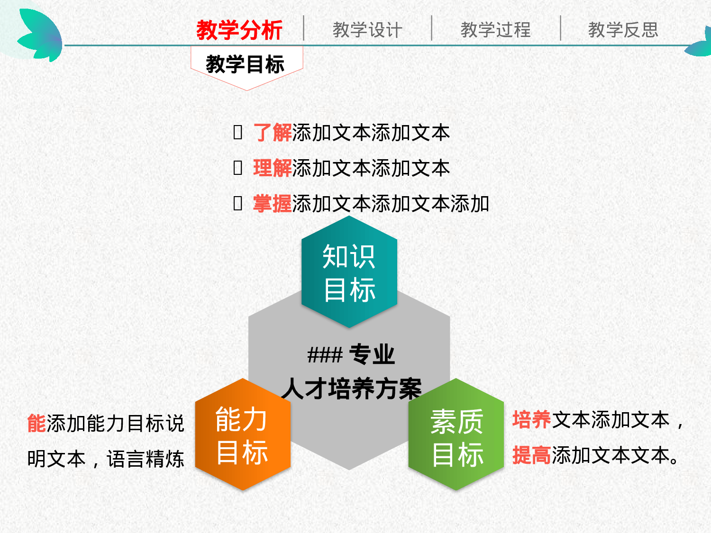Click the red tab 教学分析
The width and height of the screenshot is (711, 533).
tap(239, 30)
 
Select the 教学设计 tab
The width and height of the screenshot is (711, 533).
tap(367, 30)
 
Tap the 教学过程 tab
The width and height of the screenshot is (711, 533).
tap(495, 30)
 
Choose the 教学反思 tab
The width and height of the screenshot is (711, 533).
tap(623, 30)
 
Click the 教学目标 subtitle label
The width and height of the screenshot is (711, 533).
tap(245, 64)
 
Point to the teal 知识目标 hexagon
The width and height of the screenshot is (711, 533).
tap(349, 272)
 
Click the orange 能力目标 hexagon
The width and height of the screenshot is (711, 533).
tap(242, 435)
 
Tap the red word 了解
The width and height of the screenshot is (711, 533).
tap(273, 133)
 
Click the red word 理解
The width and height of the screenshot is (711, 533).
tap(273, 168)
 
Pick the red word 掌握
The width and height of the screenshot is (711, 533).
tap(273, 204)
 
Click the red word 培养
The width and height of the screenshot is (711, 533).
tap(532, 420)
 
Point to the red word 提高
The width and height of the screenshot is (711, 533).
tap(532, 455)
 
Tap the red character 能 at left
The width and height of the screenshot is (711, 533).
tap(36, 423)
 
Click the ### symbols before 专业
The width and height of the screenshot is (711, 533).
tap(325, 355)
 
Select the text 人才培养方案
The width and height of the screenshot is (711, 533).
tap(351, 388)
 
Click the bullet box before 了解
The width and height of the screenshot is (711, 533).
tap(238, 132)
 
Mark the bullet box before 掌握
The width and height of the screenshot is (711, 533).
tap(238, 203)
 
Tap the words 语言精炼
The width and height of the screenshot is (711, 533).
tap(145, 459)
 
